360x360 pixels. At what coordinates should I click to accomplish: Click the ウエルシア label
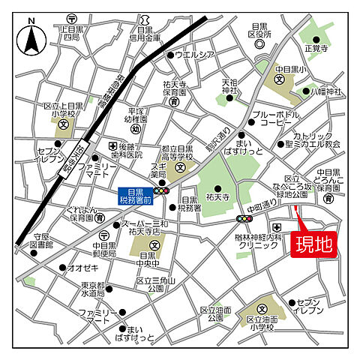click(195, 54)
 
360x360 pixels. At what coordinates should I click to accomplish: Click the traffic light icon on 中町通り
click(244, 218)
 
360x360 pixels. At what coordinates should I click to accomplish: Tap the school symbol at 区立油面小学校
click(262, 307)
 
